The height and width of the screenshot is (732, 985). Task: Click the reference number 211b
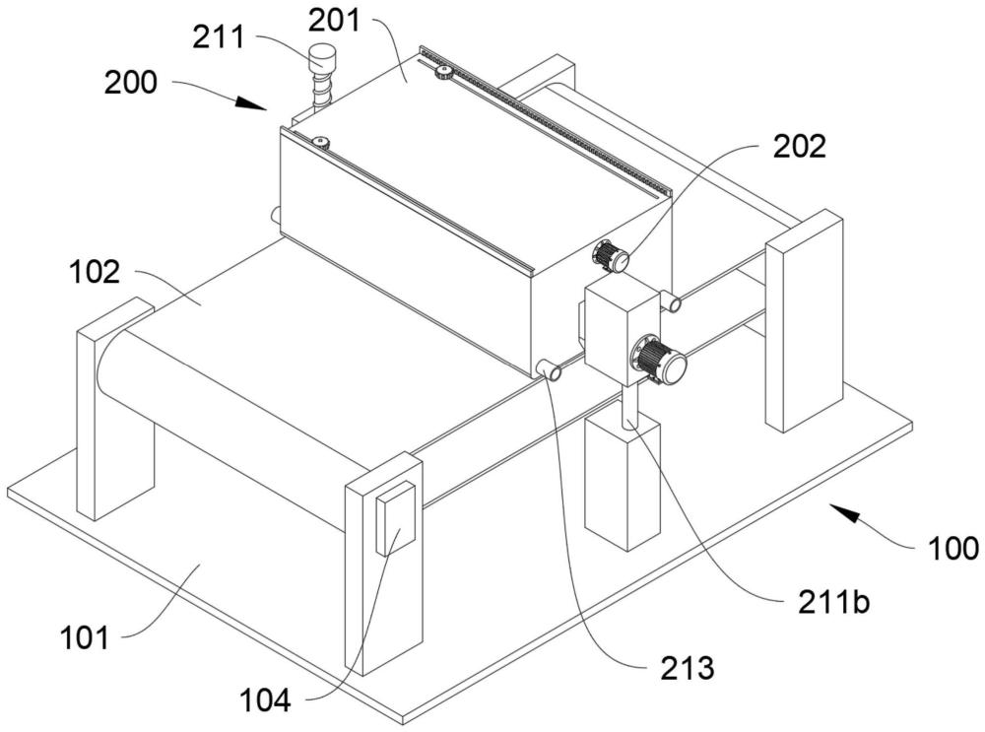click(x=833, y=603)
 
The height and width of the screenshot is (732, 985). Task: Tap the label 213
click(x=688, y=668)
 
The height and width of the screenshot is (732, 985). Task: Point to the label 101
click(x=84, y=638)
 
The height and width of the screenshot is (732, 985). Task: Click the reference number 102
click(x=95, y=273)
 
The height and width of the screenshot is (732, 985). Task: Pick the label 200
click(x=130, y=83)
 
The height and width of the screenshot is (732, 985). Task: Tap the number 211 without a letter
click(x=218, y=37)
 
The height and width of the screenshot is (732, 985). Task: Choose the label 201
click(x=334, y=20)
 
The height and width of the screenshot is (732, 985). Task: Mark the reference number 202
click(x=799, y=147)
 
